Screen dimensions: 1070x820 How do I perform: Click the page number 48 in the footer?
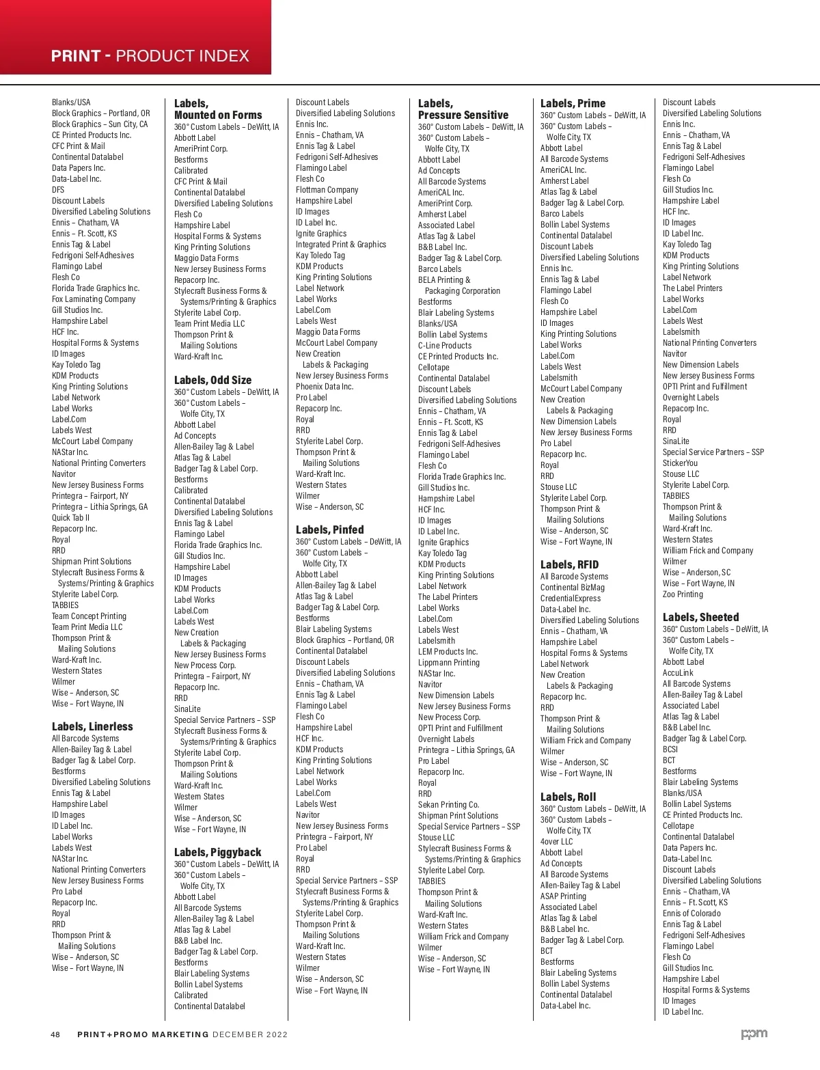(55, 1034)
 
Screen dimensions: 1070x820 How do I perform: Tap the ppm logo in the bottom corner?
(754, 1034)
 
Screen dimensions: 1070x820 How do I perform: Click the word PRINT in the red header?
(76, 56)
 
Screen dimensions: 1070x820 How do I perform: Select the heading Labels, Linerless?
(92, 726)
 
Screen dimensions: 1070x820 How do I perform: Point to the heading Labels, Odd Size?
(213, 380)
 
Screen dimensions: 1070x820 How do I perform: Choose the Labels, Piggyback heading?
(217, 852)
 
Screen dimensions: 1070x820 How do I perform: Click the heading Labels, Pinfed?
(329, 530)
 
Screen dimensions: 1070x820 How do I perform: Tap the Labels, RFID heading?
(569, 564)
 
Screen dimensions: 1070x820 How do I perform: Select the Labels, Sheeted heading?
(700, 617)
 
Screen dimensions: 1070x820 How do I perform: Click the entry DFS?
(58, 190)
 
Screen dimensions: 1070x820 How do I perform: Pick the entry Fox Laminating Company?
(94, 299)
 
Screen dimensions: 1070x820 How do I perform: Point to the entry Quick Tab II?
(70, 518)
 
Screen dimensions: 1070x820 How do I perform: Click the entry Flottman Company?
(327, 190)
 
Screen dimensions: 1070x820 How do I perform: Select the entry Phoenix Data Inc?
(325, 387)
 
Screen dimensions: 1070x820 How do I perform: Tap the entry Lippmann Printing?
(448, 663)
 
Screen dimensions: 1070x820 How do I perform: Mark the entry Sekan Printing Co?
(448, 805)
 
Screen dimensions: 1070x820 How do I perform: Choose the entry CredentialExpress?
(571, 599)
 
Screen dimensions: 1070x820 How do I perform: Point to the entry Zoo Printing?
(683, 594)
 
